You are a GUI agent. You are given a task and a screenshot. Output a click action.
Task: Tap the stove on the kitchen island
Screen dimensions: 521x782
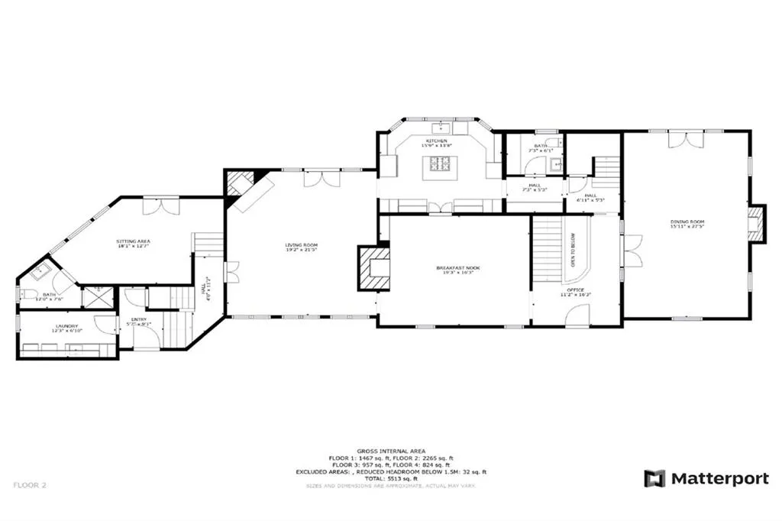440,162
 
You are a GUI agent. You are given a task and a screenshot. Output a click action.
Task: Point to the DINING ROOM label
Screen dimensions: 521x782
687,221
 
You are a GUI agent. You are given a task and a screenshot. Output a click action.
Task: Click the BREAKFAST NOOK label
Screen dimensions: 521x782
456,267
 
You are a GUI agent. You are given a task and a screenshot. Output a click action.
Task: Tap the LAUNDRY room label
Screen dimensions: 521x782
65,326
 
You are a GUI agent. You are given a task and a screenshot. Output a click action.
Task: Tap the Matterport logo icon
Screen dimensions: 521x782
654,479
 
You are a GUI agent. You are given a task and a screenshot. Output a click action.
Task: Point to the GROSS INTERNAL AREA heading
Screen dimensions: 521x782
390,451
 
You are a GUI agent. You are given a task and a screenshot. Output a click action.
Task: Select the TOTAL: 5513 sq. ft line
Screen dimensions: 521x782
390,478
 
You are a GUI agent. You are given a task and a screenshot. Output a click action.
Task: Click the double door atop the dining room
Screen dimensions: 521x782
683,139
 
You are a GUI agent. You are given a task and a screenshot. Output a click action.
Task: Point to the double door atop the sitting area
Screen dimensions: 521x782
161,206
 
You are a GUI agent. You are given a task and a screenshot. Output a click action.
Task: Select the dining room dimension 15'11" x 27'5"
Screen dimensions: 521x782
687,227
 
